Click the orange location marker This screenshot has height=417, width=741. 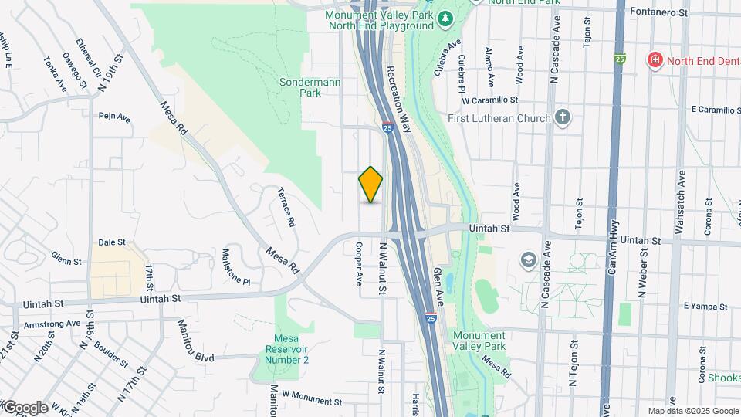pyautogui.click(x=370, y=185)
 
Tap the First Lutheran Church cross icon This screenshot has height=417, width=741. pyautogui.click(x=563, y=118)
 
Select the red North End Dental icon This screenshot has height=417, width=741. pyautogui.click(x=655, y=60)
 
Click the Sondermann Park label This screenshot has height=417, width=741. pyautogui.click(x=299, y=86)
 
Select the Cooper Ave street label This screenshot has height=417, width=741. pyautogui.click(x=359, y=265)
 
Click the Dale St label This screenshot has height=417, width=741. pyautogui.click(x=112, y=242)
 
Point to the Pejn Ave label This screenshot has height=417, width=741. pyautogui.click(x=114, y=117)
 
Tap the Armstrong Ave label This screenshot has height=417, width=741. pyautogui.click(x=52, y=324)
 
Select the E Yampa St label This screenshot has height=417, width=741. pyautogui.click(x=705, y=306)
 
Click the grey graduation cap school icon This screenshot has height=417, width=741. pyautogui.click(x=529, y=259)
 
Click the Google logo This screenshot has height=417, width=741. pyautogui.click(x=25, y=407)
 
